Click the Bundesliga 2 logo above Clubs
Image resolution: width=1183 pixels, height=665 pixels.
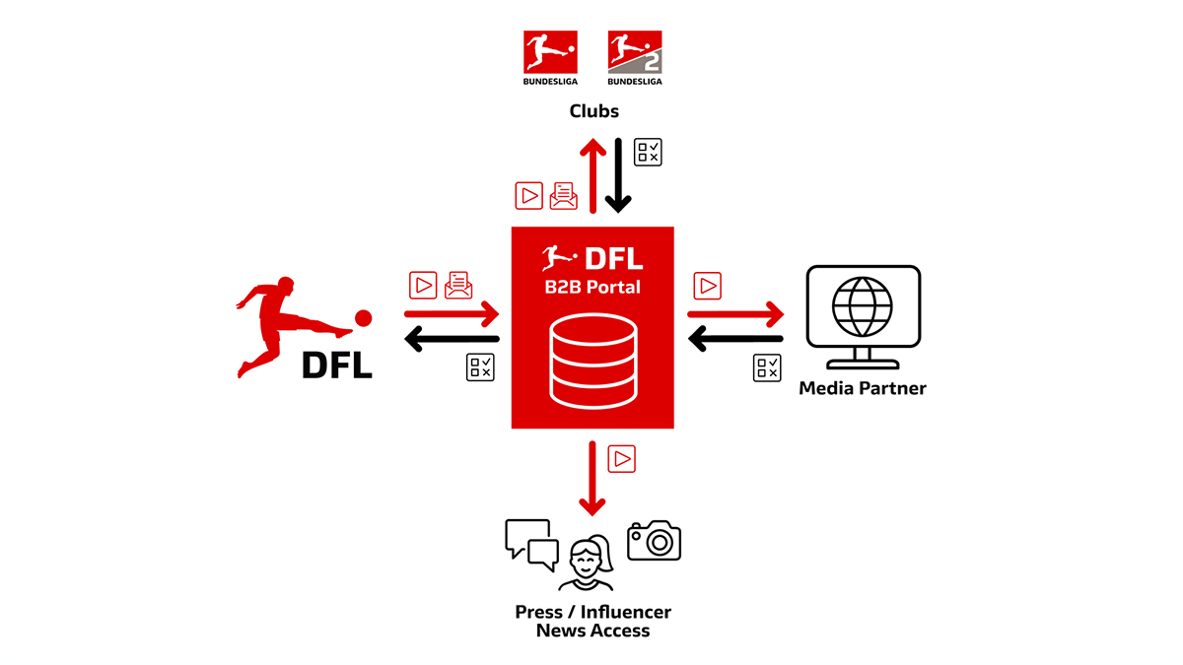pyautogui.click(x=635, y=58)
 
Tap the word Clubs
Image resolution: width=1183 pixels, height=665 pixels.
pyautogui.click(x=593, y=110)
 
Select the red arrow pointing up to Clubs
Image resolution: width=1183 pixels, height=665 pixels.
pyautogui.click(x=592, y=174)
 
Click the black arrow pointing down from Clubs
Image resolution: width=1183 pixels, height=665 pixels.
pyautogui.click(x=618, y=174)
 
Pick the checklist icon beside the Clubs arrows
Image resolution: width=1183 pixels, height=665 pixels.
pyautogui.click(x=648, y=151)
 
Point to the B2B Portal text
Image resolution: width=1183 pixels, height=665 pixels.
pyautogui.click(x=592, y=288)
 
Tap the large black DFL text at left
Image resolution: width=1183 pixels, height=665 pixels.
pyautogui.click(x=337, y=365)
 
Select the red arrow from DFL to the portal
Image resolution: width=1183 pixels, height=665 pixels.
pyautogui.click(x=452, y=314)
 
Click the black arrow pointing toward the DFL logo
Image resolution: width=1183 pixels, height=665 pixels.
pyautogui.click(x=452, y=340)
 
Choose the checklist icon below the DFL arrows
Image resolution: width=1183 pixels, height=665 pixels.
pyautogui.click(x=480, y=367)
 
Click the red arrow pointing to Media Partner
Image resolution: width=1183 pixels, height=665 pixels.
pyautogui.click(x=735, y=314)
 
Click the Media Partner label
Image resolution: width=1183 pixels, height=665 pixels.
pyautogui.click(x=863, y=388)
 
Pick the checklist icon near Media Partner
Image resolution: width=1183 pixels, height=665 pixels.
pyautogui.click(x=767, y=367)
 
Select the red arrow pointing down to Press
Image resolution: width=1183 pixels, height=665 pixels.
pyautogui.click(x=592, y=479)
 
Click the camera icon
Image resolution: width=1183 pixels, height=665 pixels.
pyautogui.click(x=654, y=540)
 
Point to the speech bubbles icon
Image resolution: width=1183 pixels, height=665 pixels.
pyautogui.click(x=531, y=543)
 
